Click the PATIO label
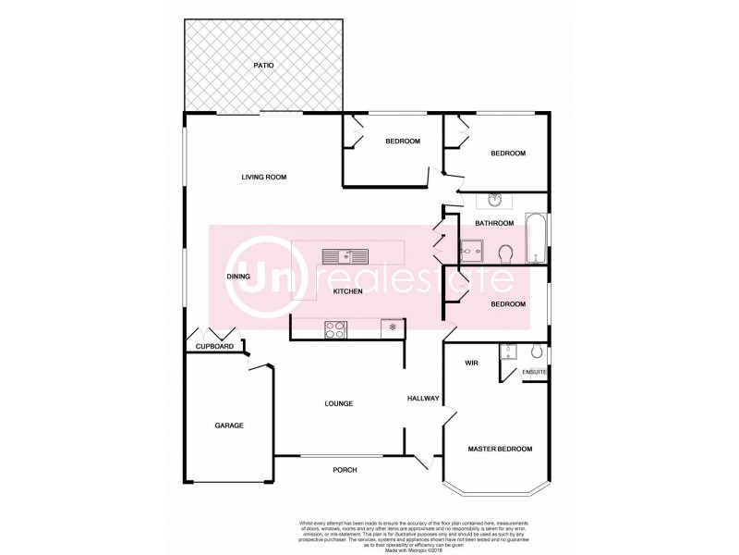(x=264, y=66)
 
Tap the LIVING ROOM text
(x=264, y=178)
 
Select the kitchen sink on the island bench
(x=345, y=256)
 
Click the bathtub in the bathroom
(x=535, y=239)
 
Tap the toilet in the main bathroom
(x=505, y=253)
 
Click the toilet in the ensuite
(x=538, y=351)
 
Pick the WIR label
(x=470, y=364)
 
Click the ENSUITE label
(x=535, y=372)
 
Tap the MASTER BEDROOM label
(x=500, y=449)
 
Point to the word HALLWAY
(x=423, y=399)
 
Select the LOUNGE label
(x=339, y=403)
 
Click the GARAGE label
(x=229, y=425)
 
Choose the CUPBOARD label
(x=214, y=347)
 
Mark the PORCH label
(x=345, y=470)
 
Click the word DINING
(x=239, y=277)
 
